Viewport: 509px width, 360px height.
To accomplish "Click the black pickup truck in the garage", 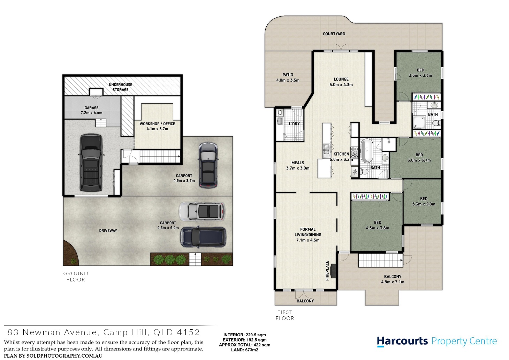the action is [x=91, y=163].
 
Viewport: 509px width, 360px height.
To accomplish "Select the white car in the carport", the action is [x=202, y=211].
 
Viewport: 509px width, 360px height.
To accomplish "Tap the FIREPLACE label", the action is [x=327, y=271].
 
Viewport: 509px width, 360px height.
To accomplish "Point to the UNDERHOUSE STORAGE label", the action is [x=120, y=87].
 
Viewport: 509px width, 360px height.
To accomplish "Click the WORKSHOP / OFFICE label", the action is [x=157, y=124].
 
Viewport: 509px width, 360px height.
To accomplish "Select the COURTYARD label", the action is [x=334, y=34].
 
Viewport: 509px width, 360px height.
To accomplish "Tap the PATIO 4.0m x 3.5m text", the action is [x=288, y=77].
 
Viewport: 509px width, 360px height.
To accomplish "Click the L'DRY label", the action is [x=294, y=124].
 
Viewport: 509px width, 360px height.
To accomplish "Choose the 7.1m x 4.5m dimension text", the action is [x=308, y=240].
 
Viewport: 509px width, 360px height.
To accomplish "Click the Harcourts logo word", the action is [x=402, y=342].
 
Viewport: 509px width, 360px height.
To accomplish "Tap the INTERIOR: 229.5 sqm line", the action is [x=244, y=335].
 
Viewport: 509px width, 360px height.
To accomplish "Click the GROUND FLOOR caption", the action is [x=76, y=276].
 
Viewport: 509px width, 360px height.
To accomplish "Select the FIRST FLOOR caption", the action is [x=285, y=315].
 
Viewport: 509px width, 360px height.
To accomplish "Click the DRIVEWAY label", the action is [x=108, y=231].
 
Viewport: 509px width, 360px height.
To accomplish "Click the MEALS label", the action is [x=298, y=163].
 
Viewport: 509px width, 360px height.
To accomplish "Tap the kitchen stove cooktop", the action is [x=355, y=153].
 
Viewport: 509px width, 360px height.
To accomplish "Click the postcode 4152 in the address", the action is [x=188, y=332].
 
